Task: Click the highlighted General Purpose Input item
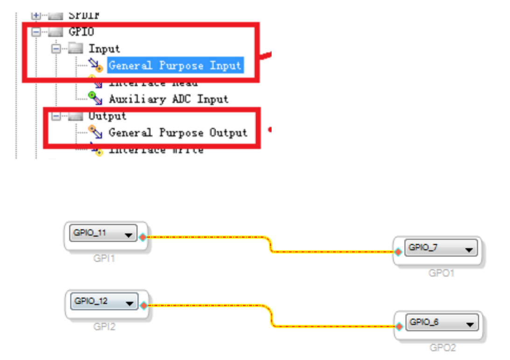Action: tap(175, 66)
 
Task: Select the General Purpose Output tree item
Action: tap(177, 133)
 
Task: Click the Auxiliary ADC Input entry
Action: tap(168, 99)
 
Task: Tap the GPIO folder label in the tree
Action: tap(81, 32)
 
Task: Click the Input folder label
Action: tap(105, 48)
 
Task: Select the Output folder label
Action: tap(107, 116)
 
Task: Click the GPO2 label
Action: tap(442, 348)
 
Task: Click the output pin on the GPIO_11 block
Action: tap(143, 237)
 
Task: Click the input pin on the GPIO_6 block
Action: tap(399, 326)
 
